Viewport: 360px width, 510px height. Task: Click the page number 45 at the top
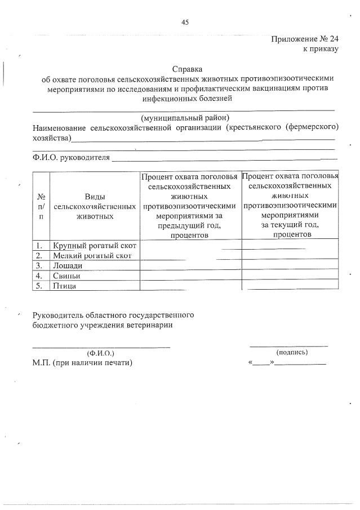(185, 22)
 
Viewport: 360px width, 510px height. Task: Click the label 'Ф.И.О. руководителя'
(71, 157)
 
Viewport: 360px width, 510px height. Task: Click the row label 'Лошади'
(68, 265)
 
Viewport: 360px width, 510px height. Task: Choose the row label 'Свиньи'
(66, 276)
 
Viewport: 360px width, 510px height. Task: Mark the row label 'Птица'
(64, 286)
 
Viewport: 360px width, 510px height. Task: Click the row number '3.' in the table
(40, 265)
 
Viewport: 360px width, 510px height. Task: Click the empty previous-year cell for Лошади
(190, 265)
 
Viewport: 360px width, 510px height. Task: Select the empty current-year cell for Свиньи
(290, 276)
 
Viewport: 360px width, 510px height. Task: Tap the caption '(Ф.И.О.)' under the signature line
(101, 353)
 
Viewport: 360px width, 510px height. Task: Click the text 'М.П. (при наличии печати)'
(82, 363)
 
